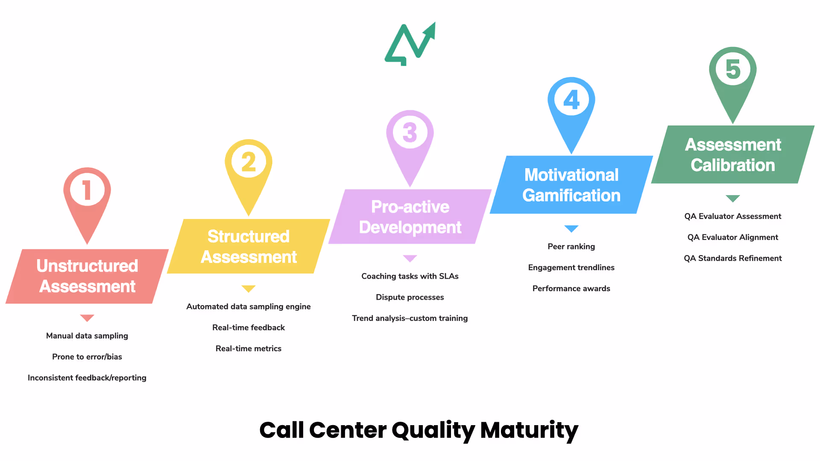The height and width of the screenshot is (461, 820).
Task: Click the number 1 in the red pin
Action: click(x=87, y=190)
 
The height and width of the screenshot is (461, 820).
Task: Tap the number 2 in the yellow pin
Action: click(x=249, y=162)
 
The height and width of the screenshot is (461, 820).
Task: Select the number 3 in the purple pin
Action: click(x=410, y=133)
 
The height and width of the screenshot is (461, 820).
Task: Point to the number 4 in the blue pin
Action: click(x=571, y=100)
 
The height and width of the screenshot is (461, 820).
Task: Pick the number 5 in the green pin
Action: click(x=733, y=69)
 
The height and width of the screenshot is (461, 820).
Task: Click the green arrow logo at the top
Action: click(x=410, y=44)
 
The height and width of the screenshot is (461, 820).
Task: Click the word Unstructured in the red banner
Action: click(x=87, y=266)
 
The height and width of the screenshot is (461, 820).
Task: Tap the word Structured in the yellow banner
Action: click(x=249, y=236)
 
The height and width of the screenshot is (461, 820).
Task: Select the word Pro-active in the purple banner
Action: click(x=410, y=207)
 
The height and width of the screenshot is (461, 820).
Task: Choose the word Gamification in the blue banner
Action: click(x=571, y=195)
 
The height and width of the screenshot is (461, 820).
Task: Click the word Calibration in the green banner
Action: click(x=733, y=165)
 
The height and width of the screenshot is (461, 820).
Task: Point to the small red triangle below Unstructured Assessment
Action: click(x=87, y=318)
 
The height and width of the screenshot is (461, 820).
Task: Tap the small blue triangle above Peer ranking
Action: click(x=571, y=229)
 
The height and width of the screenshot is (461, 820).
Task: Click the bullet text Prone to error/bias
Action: click(x=87, y=357)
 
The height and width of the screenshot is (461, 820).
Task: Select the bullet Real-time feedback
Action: click(x=249, y=327)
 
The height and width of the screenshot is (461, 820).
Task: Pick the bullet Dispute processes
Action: click(x=410, y=297)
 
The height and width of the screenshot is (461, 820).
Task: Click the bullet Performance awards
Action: click(x=571, y=289)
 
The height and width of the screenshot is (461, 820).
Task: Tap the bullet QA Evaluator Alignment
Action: click(x=733, y=237)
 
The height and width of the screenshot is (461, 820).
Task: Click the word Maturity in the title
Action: click(x=529, y=430)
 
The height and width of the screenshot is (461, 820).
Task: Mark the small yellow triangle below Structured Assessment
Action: click(x=249, y=289)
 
